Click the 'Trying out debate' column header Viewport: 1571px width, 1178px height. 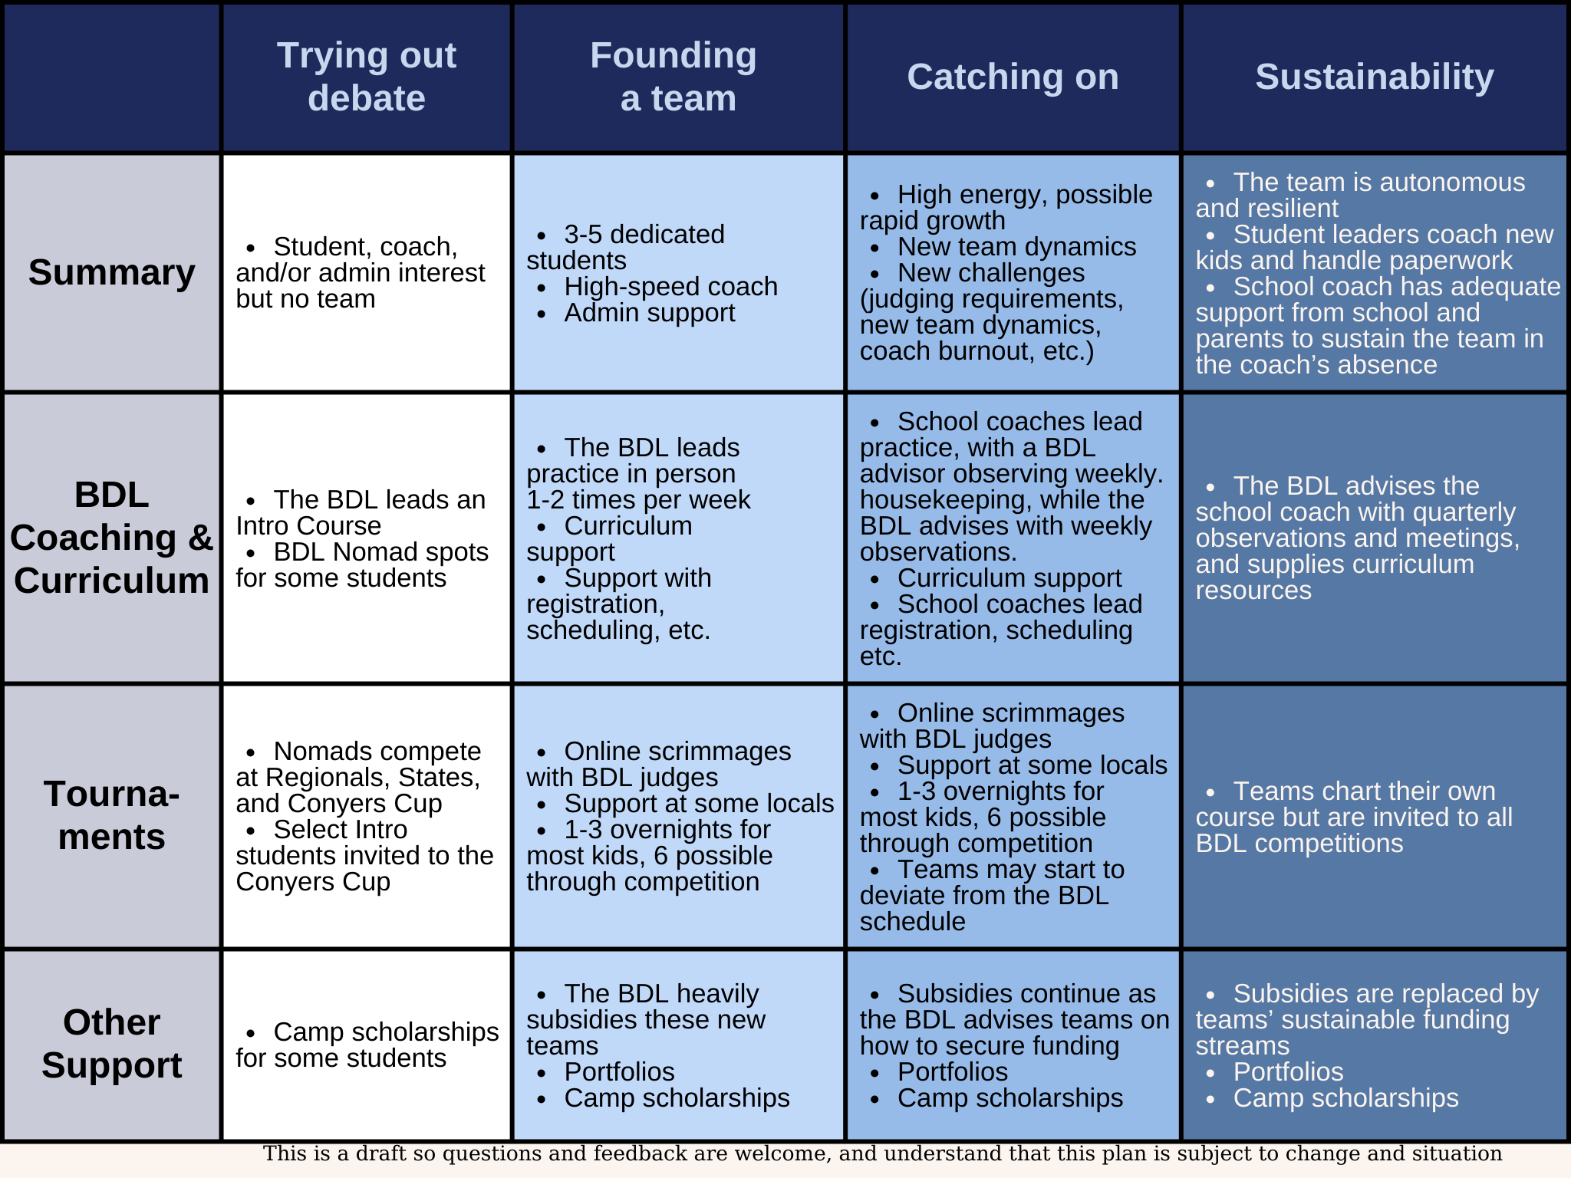coord(366,77)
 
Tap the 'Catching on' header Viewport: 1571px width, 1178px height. coord(1013,77)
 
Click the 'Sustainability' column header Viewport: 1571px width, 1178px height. coord(1374,77)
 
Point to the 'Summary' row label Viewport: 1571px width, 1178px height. coord(112,272)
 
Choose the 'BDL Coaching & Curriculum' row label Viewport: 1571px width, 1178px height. coord(112,538)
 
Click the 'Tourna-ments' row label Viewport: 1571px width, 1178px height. coord(112,815)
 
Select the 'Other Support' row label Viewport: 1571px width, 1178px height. coord(112,1044)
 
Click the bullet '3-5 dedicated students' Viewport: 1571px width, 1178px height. coord(625,247)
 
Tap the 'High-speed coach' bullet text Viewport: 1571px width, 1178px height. coord(670,287)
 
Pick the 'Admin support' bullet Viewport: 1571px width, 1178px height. coord(649,313)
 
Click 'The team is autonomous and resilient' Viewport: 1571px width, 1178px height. coord(1360,195)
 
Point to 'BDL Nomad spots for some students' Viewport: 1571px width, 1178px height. coord(362,564)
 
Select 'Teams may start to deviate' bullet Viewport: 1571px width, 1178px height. coord(991,895)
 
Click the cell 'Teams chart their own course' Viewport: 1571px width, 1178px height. coord(1354,817)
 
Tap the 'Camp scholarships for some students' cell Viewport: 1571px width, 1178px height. coord(367,1045)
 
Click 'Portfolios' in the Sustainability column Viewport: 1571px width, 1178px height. coord(1288,1071)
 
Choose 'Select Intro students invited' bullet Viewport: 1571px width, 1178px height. coord(364,855)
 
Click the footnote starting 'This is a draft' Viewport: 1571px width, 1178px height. coord(882,1153)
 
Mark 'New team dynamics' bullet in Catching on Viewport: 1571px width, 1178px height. coord(1016,247)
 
